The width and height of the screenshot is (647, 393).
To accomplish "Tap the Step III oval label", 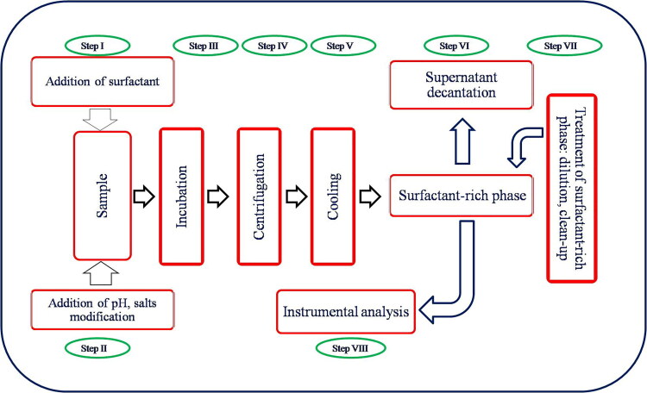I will click(x=203, y=44).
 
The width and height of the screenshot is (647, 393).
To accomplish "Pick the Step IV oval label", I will click(x=271, y=44).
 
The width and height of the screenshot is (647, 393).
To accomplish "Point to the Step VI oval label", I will click(x=455, y=44).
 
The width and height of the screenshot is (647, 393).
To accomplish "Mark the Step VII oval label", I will click(x=564, y=44).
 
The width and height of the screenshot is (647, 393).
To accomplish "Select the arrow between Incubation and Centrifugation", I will click(x=218, y=196).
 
